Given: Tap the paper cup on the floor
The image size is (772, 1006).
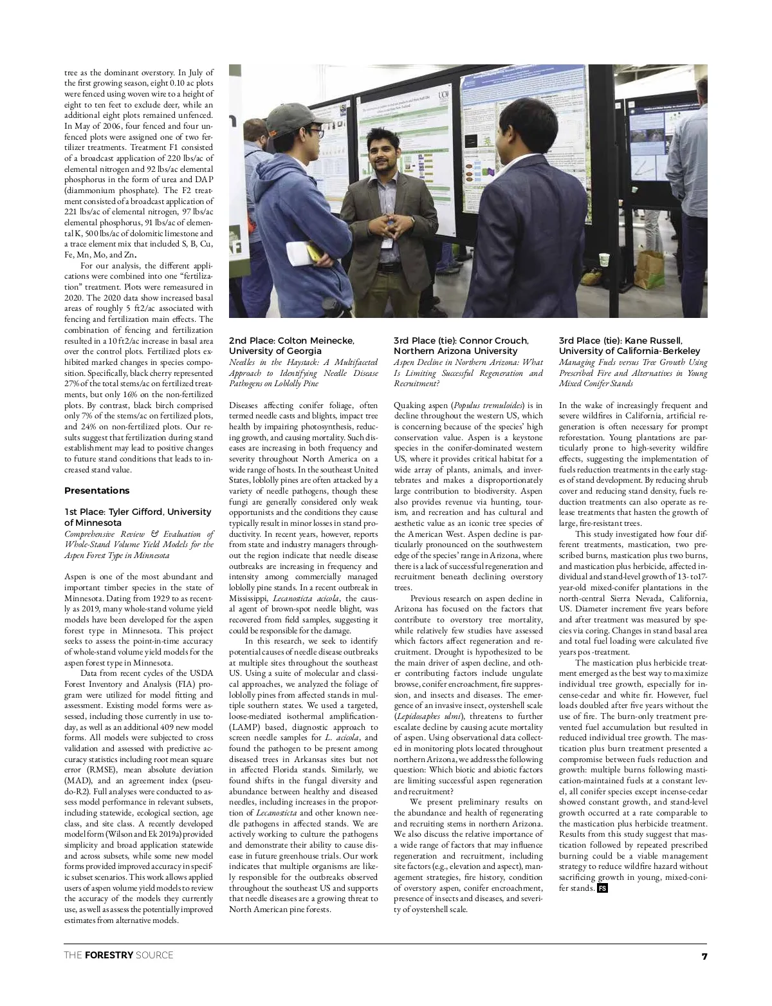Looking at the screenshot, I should [604, 260].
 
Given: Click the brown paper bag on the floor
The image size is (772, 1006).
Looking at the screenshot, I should [651, 263].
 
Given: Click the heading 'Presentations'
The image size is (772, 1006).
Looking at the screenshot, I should [96, 490].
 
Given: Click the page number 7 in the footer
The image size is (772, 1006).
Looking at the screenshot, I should [704, 956].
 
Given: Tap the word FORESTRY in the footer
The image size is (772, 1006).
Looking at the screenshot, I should [109, 955].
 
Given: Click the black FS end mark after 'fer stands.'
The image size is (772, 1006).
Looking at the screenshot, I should [602, 888].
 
